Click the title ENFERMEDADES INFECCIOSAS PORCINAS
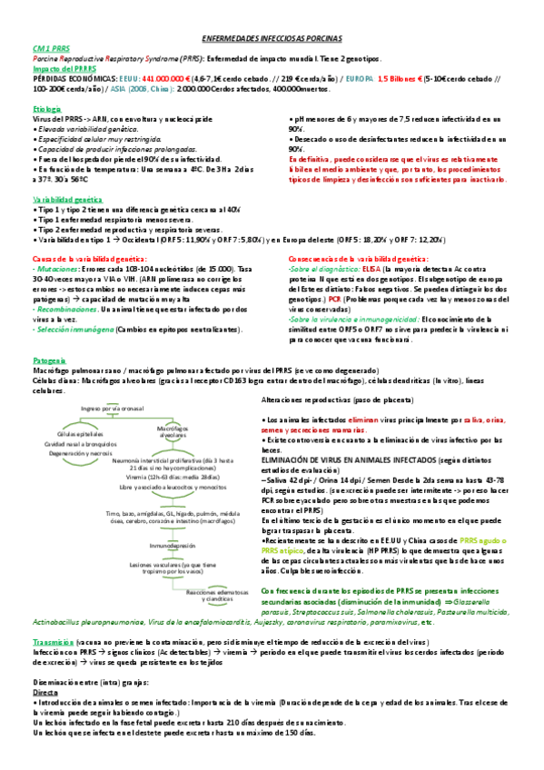[271, 42]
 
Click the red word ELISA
[370, 270]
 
